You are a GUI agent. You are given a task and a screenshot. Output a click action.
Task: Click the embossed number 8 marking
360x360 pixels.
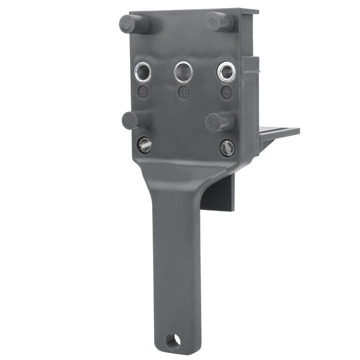click(x=143, y=91)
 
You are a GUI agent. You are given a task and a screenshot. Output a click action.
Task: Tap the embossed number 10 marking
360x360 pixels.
click(x=183, y=92)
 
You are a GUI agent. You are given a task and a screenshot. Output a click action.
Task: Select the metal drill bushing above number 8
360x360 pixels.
click(x=143, y=72)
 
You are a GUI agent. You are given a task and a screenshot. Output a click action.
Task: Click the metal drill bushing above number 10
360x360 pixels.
click(x=183, y=71)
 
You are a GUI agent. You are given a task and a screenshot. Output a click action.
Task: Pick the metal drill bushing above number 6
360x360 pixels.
click(x=226, y=72)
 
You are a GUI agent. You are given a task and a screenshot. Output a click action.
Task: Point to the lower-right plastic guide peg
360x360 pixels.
click(x=219, y=121)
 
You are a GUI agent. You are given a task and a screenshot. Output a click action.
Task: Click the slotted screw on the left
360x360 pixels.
click(x=144, y=145)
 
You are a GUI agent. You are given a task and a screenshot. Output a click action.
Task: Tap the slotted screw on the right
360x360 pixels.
click(x=227, y=147)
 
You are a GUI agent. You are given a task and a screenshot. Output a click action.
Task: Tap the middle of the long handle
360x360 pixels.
click(x=175, y=260)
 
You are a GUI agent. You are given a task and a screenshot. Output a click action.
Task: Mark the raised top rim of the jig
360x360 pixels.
click(x=195, y=12)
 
